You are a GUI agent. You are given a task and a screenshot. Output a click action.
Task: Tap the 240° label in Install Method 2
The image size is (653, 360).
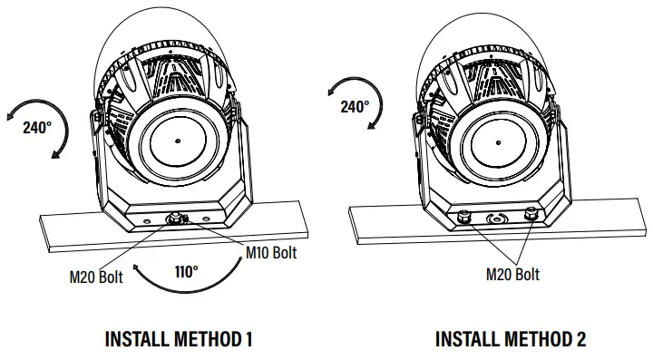click(355, 106)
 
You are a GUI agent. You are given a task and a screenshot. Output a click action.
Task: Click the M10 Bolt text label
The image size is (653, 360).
click(271, 252)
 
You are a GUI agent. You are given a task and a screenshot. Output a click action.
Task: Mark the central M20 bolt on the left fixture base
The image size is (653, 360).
click(173, 218)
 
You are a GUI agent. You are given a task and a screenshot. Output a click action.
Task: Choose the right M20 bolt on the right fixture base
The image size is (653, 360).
click(531, 216)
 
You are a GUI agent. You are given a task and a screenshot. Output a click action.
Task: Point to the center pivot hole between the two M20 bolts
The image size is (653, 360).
click(497, 219)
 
